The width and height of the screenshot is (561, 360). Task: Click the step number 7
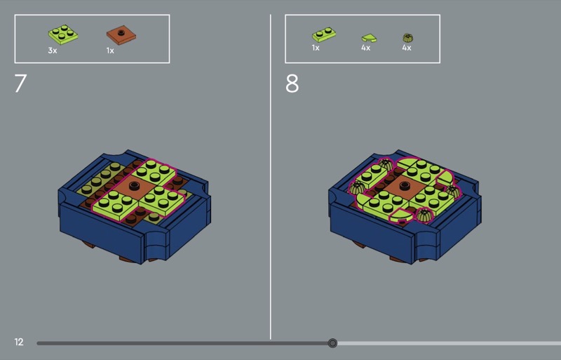click(20, 84)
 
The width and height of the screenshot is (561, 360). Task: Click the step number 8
click(292, 84)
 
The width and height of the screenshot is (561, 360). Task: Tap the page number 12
click(19, 342)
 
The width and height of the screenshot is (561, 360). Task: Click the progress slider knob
click(332, 343)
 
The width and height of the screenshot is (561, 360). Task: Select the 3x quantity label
click(53, 51)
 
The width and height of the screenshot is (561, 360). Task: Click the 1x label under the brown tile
click(110, 51)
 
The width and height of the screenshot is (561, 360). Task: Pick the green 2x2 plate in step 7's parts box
click(63, 34)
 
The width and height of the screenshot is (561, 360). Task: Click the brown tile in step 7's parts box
click(121, 35)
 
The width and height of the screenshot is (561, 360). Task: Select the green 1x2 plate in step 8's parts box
click(324, 34)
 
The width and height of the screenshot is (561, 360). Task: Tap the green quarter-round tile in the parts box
click(369, 38)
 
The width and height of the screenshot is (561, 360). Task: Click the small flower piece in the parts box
click(408, 38)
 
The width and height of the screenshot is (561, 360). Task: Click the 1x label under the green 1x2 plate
click(316, 48)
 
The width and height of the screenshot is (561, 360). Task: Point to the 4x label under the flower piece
click(407, 48)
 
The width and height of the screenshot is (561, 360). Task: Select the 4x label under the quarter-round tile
click(365, 48)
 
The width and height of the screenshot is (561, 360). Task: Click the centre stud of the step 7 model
click(135, 185)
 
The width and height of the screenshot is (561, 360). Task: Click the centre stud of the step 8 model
click(405, 185)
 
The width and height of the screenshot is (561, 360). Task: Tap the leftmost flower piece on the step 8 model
click(357, 187)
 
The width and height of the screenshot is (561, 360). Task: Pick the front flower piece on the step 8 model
click(424, 215)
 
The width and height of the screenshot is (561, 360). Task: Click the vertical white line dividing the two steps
click(271, 177)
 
